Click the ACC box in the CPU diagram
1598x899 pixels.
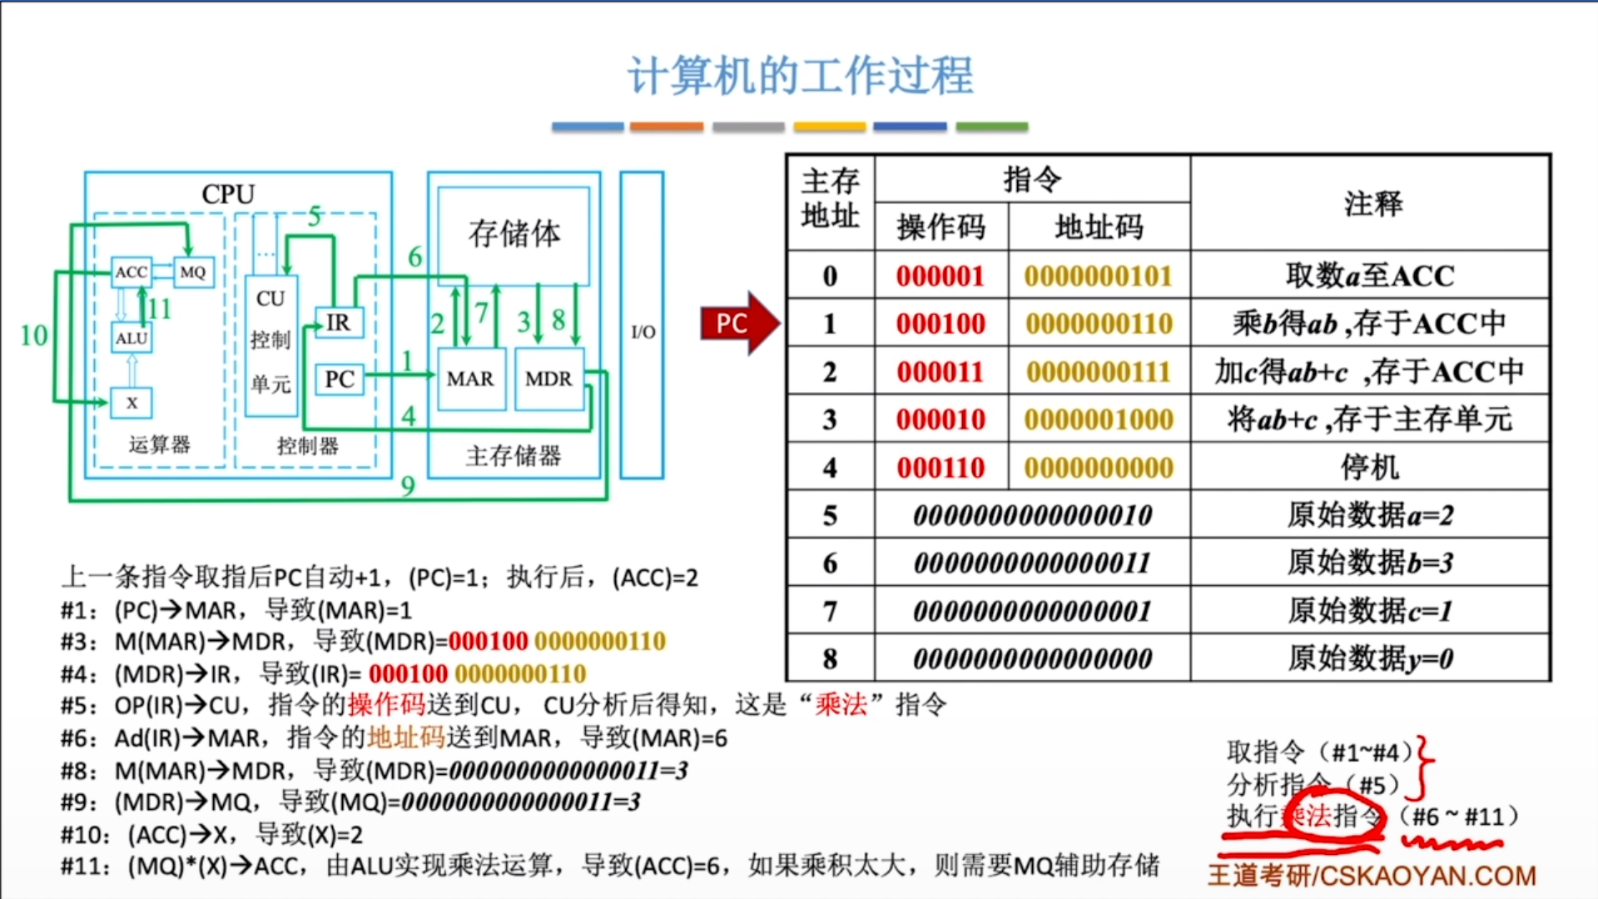pos(132,272)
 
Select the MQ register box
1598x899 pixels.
pos(193,272)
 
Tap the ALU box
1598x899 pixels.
pos(132,339)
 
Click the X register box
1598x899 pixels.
pos(132,403)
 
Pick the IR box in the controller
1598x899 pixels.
pos(339,322)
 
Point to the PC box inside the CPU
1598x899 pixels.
pos(339,380)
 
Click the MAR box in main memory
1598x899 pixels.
pos(470,380)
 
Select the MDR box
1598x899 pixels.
pos(548,380)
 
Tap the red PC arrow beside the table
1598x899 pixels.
pos(737,323)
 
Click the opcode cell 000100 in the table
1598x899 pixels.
pos(940,324)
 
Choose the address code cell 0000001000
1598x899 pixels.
pos(1099,420)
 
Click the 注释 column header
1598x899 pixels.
pos(1372,203)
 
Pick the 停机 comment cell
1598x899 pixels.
pos(1370,467)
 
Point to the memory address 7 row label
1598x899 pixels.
pos(830,611)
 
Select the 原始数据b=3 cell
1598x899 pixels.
pos(1370,563)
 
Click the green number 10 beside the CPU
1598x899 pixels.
pos(33,335)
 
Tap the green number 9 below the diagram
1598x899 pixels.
pos(408,486)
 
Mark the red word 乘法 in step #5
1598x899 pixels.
pos(841,705)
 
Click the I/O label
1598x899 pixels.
pos(643,332)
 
